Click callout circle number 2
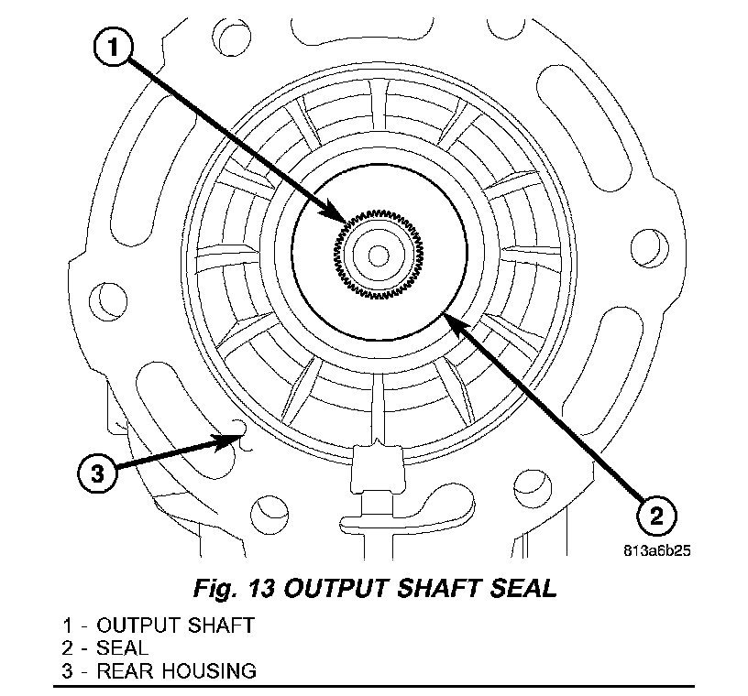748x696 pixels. (654, 516)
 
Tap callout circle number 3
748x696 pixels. (96, 473)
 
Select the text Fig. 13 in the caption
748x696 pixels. (233, 588)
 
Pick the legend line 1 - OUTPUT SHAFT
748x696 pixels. (159, 626)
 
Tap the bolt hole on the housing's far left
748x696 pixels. (109, 297)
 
